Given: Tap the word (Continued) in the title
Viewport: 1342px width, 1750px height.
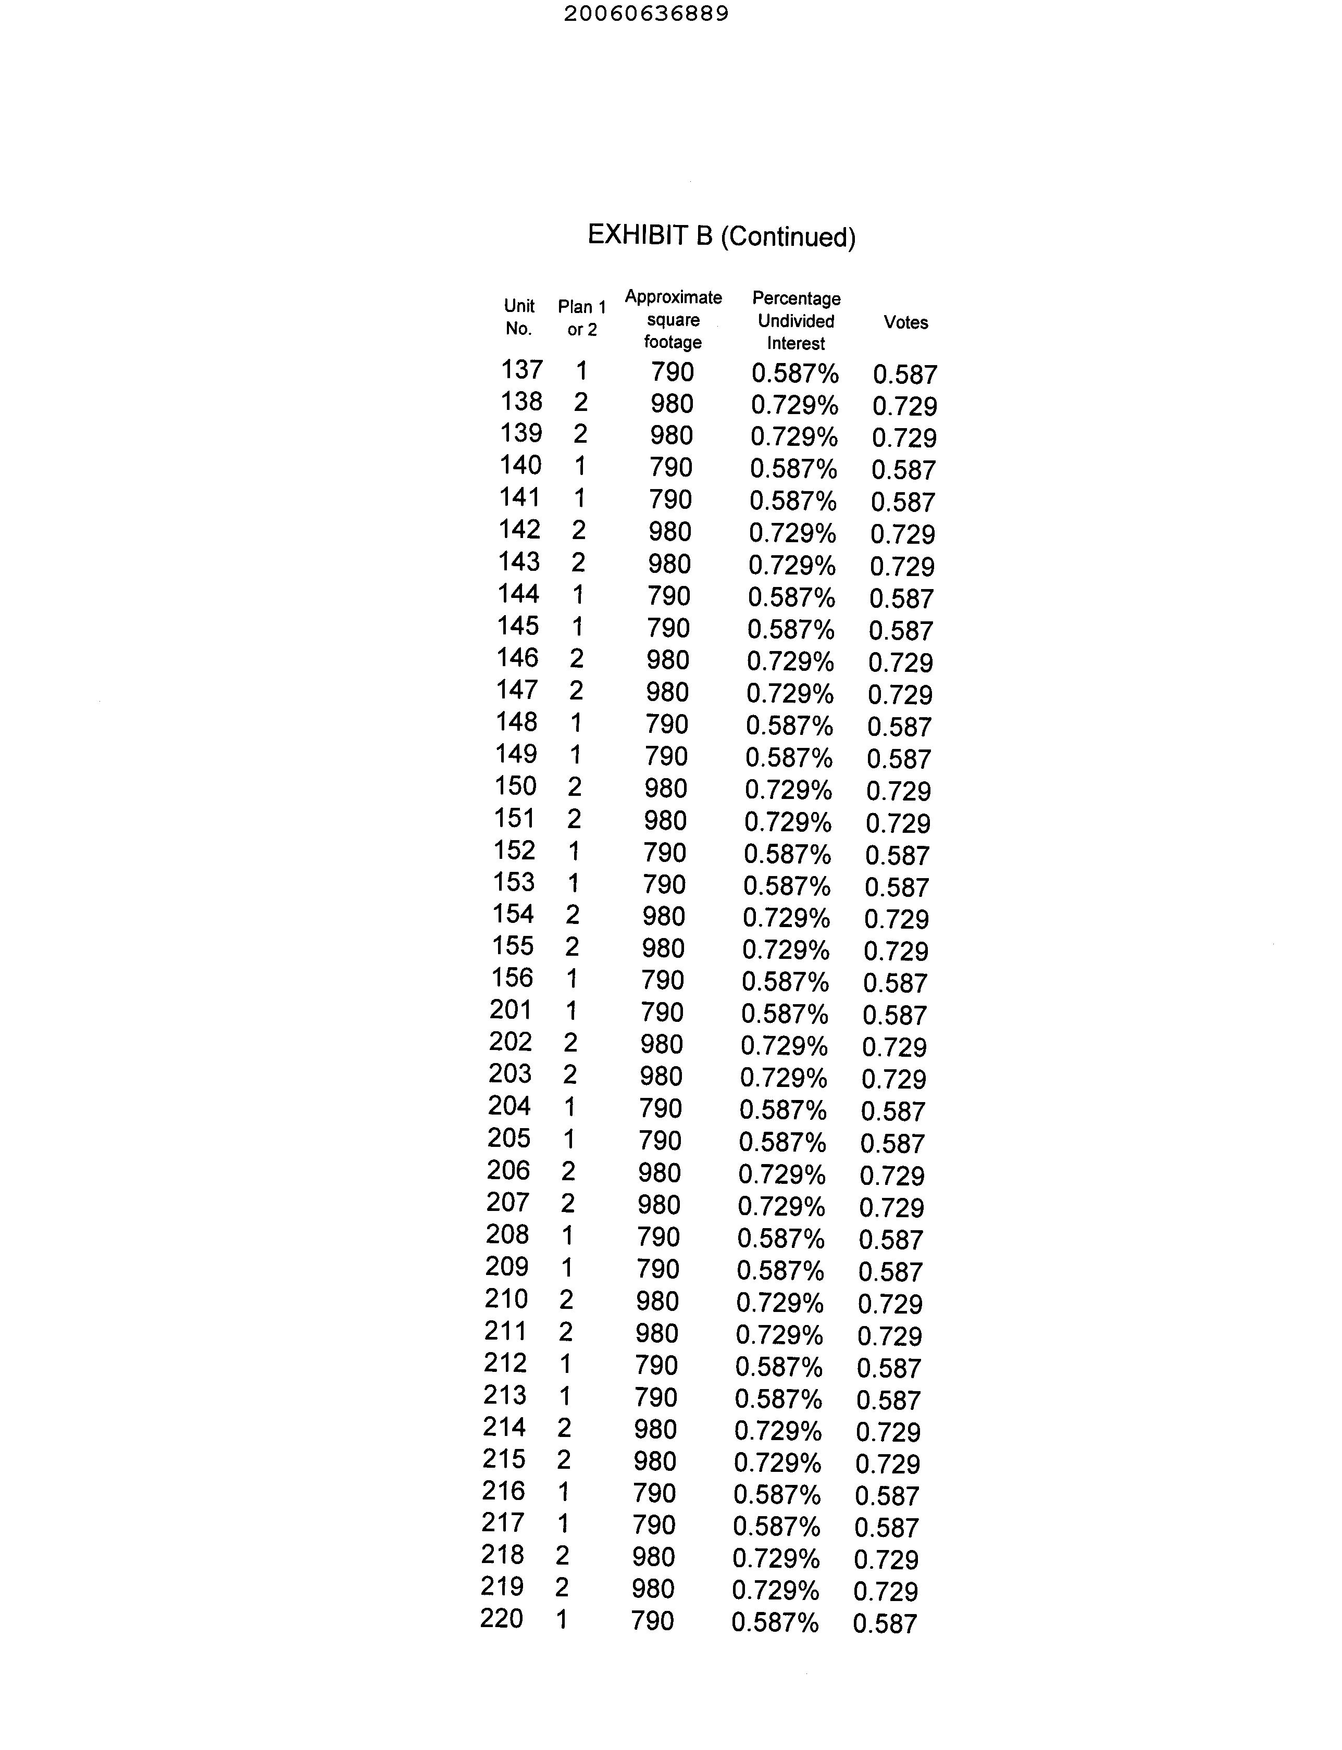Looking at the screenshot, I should (788, 237).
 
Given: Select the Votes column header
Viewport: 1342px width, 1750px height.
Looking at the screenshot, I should (905, 323).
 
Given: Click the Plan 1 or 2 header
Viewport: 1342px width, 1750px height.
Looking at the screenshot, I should (581, 318).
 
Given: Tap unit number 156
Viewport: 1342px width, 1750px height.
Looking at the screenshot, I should (512, 978).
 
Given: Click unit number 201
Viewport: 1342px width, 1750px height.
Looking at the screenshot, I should (511, 1009).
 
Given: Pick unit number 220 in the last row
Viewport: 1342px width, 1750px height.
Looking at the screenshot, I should (502, 1618).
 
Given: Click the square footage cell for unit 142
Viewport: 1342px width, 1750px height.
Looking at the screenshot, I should (669, 532).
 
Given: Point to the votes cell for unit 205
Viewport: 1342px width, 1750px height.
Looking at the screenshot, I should (892, 1144).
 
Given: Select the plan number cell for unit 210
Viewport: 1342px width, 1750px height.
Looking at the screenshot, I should (566, 1299).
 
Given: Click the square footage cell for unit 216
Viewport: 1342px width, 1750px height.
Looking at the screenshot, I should (654, 1493).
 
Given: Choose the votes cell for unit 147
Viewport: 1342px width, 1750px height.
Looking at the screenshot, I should (900, 695).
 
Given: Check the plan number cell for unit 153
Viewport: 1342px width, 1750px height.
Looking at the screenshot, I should (573, 883).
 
